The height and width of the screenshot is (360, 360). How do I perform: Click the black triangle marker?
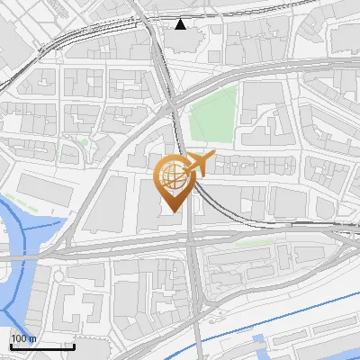pos(181,23)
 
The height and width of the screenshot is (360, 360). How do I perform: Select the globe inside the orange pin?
pos(171,177)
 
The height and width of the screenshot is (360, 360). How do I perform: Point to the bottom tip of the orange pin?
pos(171,212)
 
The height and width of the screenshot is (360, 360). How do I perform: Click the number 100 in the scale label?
pos(18,338)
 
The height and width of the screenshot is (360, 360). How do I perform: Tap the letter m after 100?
pos(31,338)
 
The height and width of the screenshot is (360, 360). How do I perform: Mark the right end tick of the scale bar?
pos(73,345)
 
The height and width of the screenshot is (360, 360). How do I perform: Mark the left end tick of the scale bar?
pos(10,345)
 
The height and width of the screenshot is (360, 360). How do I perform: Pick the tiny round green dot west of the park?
pos(84,142)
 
